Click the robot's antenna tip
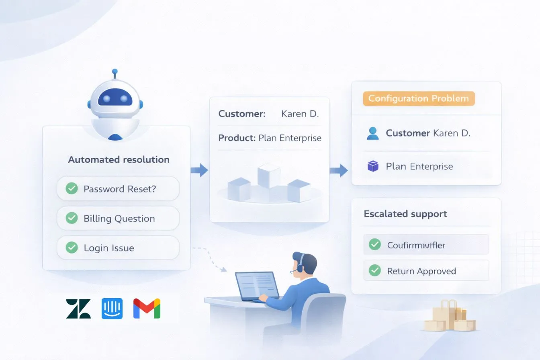point(115,71)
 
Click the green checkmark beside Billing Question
point(72,218)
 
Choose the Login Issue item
point(118,248)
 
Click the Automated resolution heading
point(119,160)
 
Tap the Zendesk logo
point(78,309)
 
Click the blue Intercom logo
point(112,309)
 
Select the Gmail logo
point(147,309)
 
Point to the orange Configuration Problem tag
point(418,98)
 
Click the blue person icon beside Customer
point(373,133)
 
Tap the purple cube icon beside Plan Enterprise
point(373,166)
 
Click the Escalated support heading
point(405,214)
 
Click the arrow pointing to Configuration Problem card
point(338,170)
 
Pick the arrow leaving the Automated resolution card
point(199,170)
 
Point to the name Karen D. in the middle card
point(300,114)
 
